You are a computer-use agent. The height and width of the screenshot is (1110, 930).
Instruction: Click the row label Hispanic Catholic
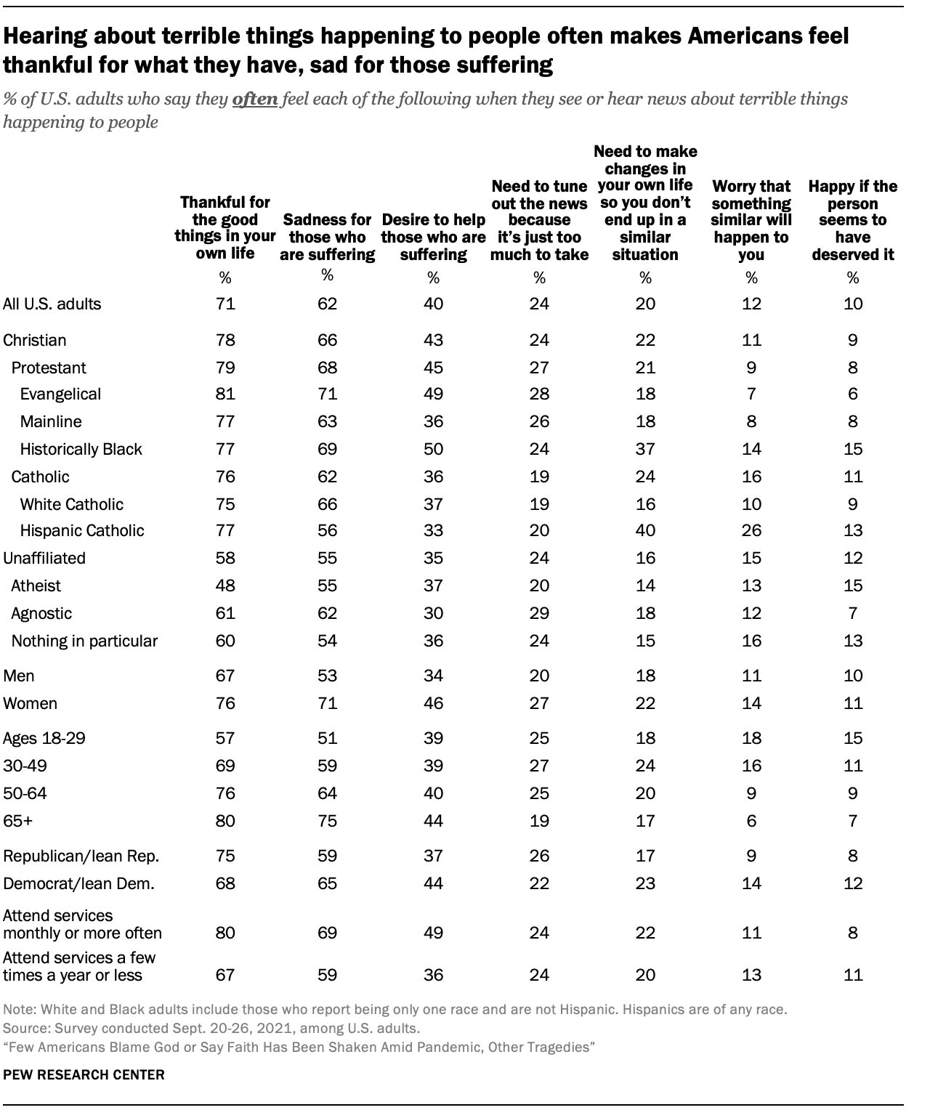point(82,530)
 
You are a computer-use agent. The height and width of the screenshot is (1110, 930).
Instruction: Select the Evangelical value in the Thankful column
point(225,394)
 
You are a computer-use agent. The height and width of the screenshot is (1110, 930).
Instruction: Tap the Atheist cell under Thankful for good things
point(225,586)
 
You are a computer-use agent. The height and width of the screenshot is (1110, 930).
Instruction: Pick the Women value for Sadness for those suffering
point(327,703)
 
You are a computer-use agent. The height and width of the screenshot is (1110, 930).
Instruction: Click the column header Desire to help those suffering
point(433,237)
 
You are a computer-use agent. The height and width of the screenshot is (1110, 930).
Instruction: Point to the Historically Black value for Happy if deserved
point(853,449)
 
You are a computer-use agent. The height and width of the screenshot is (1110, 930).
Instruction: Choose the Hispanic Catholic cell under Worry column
point(751,530)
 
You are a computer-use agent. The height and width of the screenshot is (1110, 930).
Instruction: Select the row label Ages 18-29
point(44,738)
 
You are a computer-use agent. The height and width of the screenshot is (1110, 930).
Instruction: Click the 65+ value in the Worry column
point(751,821)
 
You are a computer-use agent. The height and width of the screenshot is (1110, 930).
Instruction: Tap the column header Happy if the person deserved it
point(853,220)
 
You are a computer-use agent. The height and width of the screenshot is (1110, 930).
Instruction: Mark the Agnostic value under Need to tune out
point(539,613)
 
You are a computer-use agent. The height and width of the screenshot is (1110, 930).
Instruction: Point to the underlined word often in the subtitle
point(254,99)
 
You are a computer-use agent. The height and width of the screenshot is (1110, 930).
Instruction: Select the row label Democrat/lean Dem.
point(78,883)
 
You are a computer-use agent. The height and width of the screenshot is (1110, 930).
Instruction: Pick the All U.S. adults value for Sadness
point(327,304)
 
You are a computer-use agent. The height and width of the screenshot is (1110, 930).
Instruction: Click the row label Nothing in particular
point(84,641)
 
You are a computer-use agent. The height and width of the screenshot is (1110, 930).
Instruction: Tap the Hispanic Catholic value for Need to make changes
point(645,530)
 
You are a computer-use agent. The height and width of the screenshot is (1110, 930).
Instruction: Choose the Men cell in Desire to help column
point(433,676)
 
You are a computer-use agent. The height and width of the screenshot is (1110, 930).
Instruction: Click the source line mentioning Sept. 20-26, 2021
point(211,1029)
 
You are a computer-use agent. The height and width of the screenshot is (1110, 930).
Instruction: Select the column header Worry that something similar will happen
point(751,220)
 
